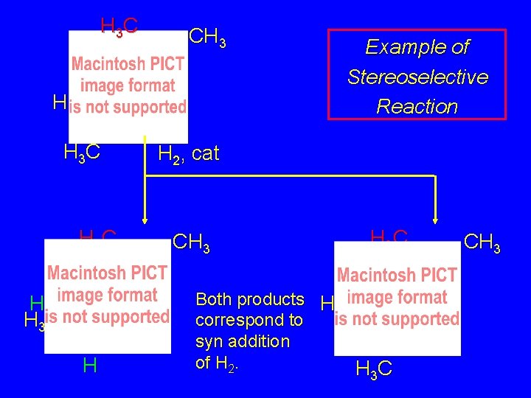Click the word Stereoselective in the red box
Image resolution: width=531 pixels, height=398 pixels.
pyautogui.click(x=417, y=77)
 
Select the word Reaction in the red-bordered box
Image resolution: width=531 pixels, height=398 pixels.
pyautogui.click(x=417, y=106)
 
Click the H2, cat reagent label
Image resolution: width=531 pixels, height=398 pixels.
pyautogui.click(x=189, y=154)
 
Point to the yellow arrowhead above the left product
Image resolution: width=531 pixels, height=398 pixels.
pyautogui.click(x=145, y=216)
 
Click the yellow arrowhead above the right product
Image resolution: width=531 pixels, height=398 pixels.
pyautogui.click(x=435, y=216)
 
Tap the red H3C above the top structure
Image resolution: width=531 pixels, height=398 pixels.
pyautogui.click(x=119, y=27)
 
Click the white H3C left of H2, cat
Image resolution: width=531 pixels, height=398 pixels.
pyautogui.click(x=82, y=153)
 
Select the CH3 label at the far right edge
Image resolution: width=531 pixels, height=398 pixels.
pyautogui.click(x=483, y=242)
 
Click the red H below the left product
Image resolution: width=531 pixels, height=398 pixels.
pyautogui.click(x=90, y=365)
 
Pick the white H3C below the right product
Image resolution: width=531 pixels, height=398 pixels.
pyautogui.click(x=374, y=368)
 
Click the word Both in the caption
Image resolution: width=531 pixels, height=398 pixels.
pyautogui.click(x=213, y=299)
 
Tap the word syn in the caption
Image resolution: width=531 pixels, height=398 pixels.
pyautogui.click(x=209, y=341)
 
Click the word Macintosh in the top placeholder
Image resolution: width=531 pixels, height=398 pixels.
pyautogui.click(x=104, y=64)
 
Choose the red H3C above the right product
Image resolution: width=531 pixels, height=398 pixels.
pyautogui.click(x=389, y=236)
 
